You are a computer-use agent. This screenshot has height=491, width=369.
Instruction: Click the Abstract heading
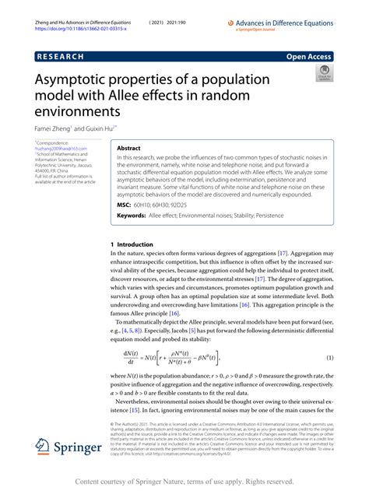pos(128,147)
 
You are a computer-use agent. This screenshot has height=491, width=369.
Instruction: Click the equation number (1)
pos(330,356)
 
